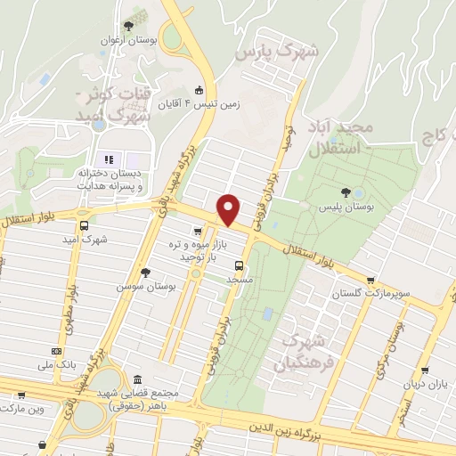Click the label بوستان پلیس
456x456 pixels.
click(346, 206)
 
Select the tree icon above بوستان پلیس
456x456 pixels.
click(346, 191)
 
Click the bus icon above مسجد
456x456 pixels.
click(238, 265)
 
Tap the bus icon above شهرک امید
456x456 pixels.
click(84, 226)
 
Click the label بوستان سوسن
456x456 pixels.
click(146, 287)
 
